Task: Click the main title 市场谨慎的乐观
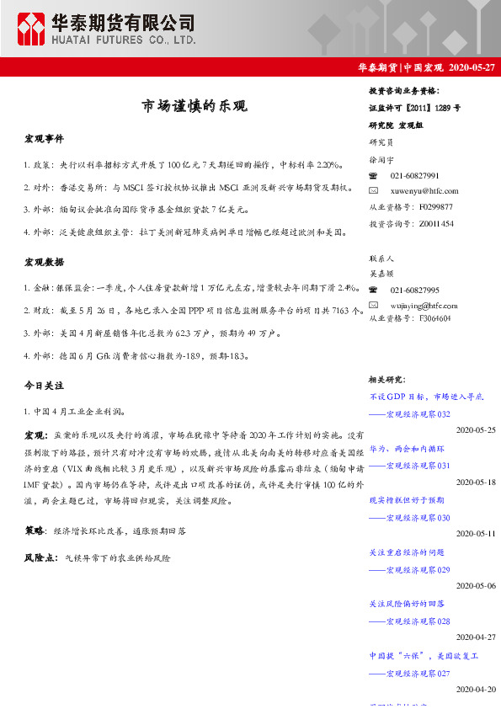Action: (194, 106)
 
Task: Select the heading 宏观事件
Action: (44, 138)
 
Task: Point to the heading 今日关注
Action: (44, 385)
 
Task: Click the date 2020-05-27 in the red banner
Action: (472, 68)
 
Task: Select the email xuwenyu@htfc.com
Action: (424, 191)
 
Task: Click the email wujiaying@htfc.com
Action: (425, 304)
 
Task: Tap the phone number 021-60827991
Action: (414, 176)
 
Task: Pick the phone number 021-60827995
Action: (414, 289)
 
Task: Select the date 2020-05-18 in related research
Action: (475, 482)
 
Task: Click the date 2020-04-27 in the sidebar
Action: (475, 637)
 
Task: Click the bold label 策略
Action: (35, 531)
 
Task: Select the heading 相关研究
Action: (387, 380)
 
